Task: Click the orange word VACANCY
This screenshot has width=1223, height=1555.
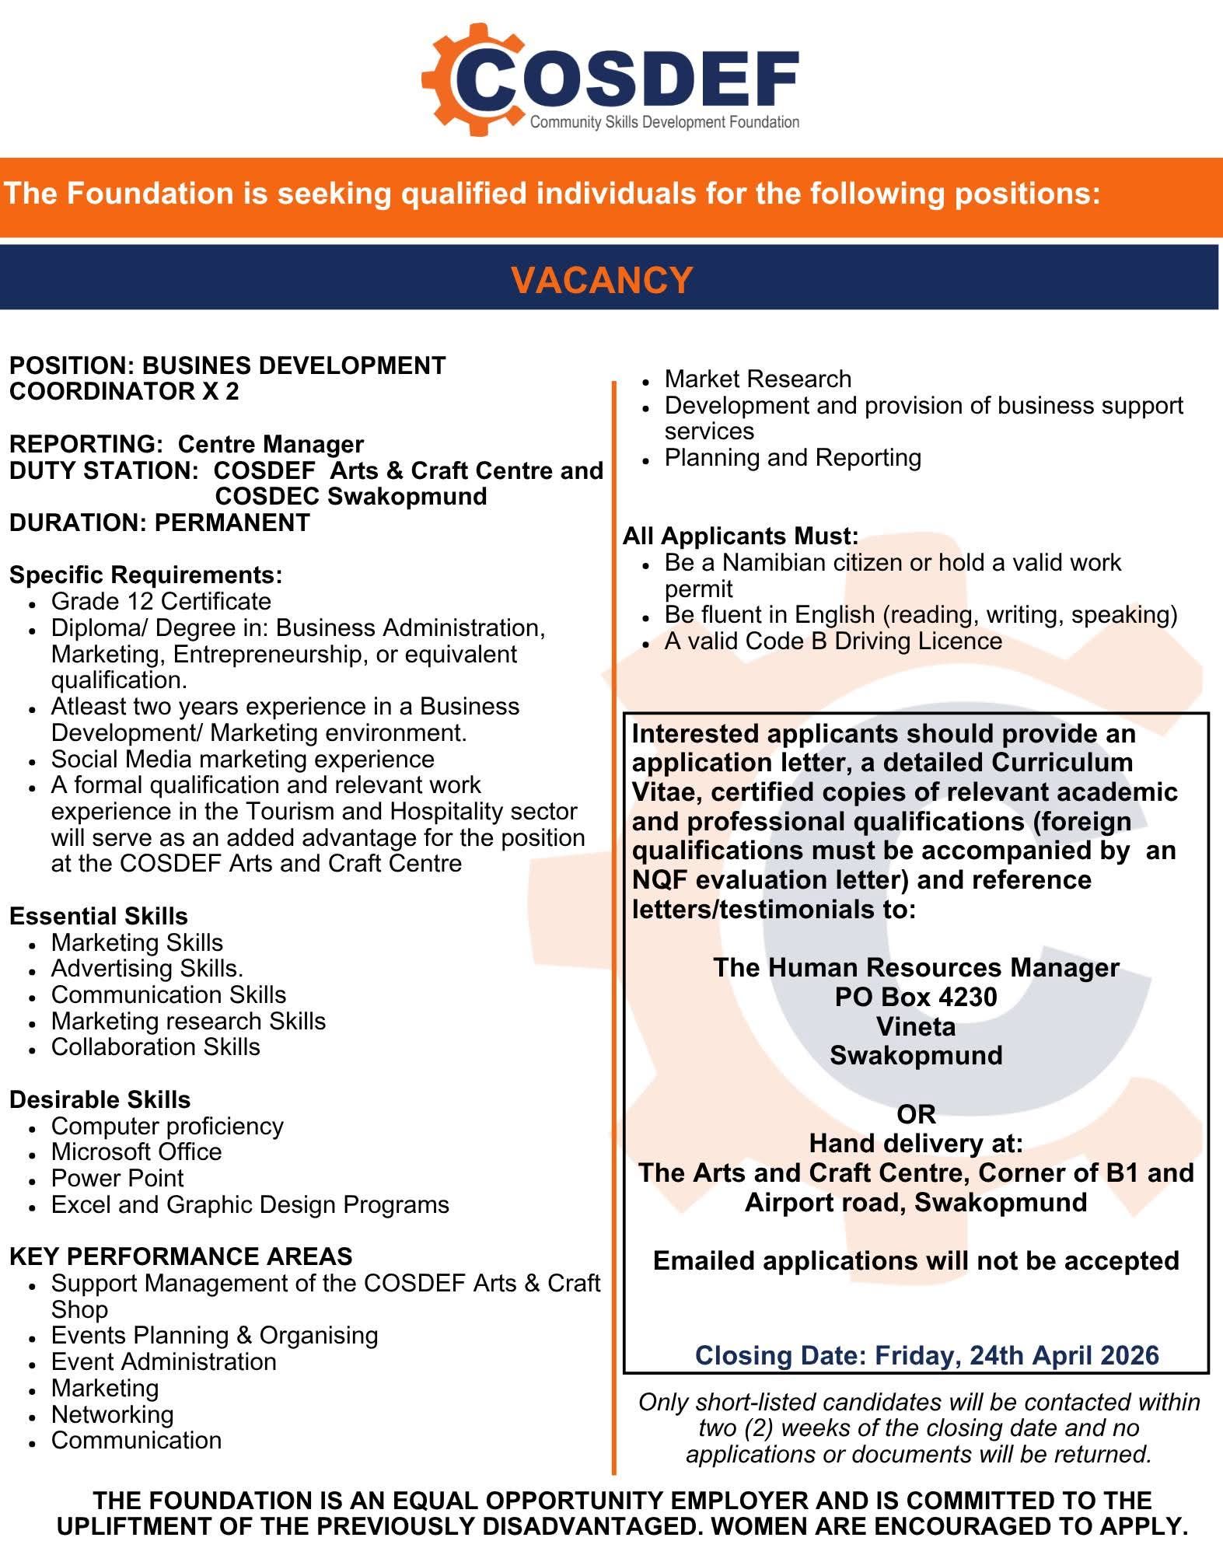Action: (602, 280)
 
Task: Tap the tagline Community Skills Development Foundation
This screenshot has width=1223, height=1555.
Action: (665, 122)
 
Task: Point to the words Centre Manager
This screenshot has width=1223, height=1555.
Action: (271, 444)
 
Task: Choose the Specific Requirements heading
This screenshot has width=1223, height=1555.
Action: (145, 575)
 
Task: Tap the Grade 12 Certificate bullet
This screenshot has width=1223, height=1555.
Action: (161, 601)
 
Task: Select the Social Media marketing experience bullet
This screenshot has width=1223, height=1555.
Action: (243, 759)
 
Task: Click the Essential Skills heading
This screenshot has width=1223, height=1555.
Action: (99, 916)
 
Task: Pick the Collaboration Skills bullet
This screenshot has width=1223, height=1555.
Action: (155, 1047)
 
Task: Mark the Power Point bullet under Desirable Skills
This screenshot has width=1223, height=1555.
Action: (117, 1178)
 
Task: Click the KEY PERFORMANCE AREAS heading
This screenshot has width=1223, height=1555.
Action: (180, 1256)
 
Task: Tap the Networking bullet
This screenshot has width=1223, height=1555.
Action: (113, 1414)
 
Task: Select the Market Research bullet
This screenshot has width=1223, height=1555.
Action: (758, 379)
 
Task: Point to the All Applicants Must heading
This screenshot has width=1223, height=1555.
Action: (740, 536)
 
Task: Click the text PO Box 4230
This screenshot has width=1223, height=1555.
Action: (916, 997)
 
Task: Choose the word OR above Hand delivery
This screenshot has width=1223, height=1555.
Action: (916, 1114)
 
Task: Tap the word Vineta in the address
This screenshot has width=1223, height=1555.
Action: (916, 1026)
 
